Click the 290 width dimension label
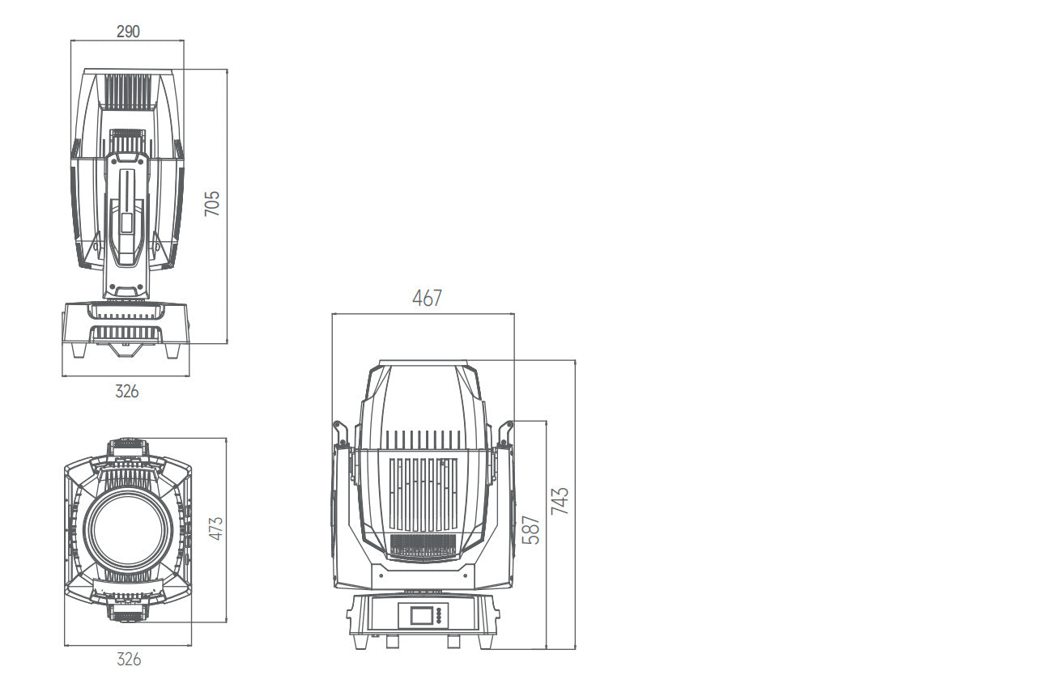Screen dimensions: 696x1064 [x=127, y=32]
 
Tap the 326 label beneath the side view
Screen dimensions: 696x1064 [x=126, y=392]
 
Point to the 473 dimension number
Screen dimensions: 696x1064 [x=215, y=528]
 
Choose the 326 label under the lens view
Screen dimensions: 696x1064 [x=128, y=660]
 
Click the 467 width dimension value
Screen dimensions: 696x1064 [x=427, y=298]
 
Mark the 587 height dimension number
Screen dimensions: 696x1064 [x=530, y=529]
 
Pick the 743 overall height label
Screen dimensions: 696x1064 [x=560, y=501]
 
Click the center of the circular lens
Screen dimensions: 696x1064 [x=128, y=529]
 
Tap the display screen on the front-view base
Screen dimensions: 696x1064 [x=422, y=616]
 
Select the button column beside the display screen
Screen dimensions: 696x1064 [x=440, y=616]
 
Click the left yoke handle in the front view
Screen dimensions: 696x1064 [x=340, y=434]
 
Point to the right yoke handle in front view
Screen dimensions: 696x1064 [x=506, y=434]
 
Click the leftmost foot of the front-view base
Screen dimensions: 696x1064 [x=360, y=642]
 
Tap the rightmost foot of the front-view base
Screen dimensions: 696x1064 [x=484, y=642]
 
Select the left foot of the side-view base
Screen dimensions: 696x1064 [x=79, y=350]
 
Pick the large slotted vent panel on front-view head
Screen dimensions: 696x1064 [x=422, y=494]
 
